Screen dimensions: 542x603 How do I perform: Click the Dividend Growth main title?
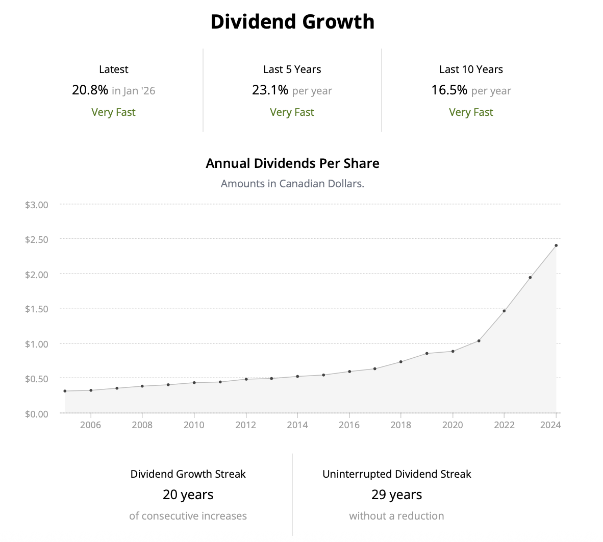point(292,22)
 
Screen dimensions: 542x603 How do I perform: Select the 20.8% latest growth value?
point(90,90)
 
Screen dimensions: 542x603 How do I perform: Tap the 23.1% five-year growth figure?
point(270,90)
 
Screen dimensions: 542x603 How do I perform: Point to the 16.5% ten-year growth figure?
point(449,90)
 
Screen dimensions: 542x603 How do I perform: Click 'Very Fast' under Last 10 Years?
point(471,112)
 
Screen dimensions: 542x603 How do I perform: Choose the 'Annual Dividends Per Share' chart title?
point(292,163)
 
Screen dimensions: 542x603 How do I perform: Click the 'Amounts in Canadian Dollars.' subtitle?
point(292,184)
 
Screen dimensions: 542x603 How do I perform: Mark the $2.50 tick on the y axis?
point(37,239)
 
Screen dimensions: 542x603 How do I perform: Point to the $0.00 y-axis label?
point(37,413)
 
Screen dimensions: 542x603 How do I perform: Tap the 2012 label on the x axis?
point(245,425)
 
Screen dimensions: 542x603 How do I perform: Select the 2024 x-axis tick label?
point(550,425)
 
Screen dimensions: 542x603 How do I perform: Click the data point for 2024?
point(556,245)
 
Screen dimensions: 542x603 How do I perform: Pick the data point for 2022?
point(504,311)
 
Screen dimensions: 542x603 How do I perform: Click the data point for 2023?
point(530,278)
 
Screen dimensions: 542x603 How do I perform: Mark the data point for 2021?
point(479,341)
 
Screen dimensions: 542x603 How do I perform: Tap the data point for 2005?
point(65,391)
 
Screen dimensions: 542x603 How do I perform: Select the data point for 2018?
point(401,362)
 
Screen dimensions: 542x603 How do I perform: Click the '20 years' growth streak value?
point(188,495)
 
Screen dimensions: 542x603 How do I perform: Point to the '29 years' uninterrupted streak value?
point(396,495)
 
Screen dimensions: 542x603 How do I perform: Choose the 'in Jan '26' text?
point(133,91)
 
